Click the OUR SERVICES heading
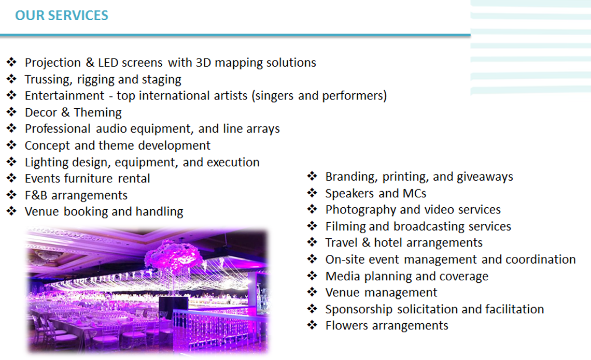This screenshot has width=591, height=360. (x=62, y=16)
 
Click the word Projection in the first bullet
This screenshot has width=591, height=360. (x=53, y=63)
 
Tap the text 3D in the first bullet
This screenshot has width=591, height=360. (x=203, y=62)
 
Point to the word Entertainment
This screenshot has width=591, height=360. (x=64, y=96)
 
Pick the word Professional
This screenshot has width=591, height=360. (x=58, y=129)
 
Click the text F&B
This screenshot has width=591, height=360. (x=36, y=195)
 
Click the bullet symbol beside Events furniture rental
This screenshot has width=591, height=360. (x=12, y=178)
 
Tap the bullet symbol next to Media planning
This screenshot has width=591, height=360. (x=312, y=276)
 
